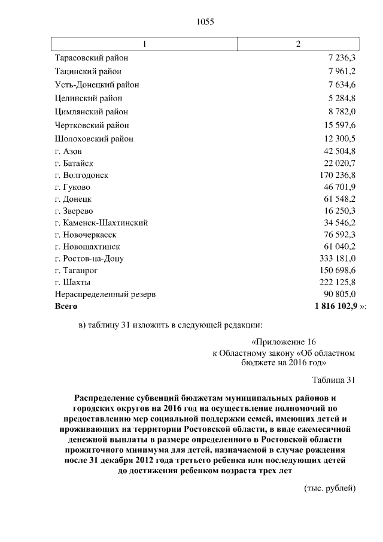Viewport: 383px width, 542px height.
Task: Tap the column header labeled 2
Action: point(298,44)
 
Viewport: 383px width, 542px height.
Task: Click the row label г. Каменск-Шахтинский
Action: point(101,223)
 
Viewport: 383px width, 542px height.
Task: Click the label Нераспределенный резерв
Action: point(105,294)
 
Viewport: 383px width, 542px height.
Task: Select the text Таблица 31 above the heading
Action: point(333,379)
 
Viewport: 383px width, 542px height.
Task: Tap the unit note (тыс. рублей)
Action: point(330,488)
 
